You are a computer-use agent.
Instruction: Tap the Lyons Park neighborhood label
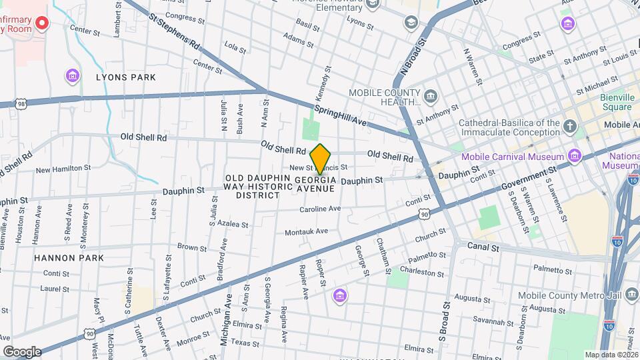point(125,77)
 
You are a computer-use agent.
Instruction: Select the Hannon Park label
point(70,257)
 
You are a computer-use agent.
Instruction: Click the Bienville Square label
point(615,102)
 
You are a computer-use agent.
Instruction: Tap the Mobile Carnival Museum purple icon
point(575,157)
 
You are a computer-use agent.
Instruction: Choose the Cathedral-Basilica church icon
point(569,126)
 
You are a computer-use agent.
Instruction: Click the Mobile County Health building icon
point(431,97)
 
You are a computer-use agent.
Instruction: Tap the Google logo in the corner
point(21,351)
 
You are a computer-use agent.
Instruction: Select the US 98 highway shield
point(22,104)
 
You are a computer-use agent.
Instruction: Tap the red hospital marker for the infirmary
point(42,24)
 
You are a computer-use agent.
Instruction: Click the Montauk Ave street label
point(307,231)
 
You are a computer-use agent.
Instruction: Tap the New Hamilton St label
point(62,170)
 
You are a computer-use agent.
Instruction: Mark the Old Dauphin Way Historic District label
point(258,187)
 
